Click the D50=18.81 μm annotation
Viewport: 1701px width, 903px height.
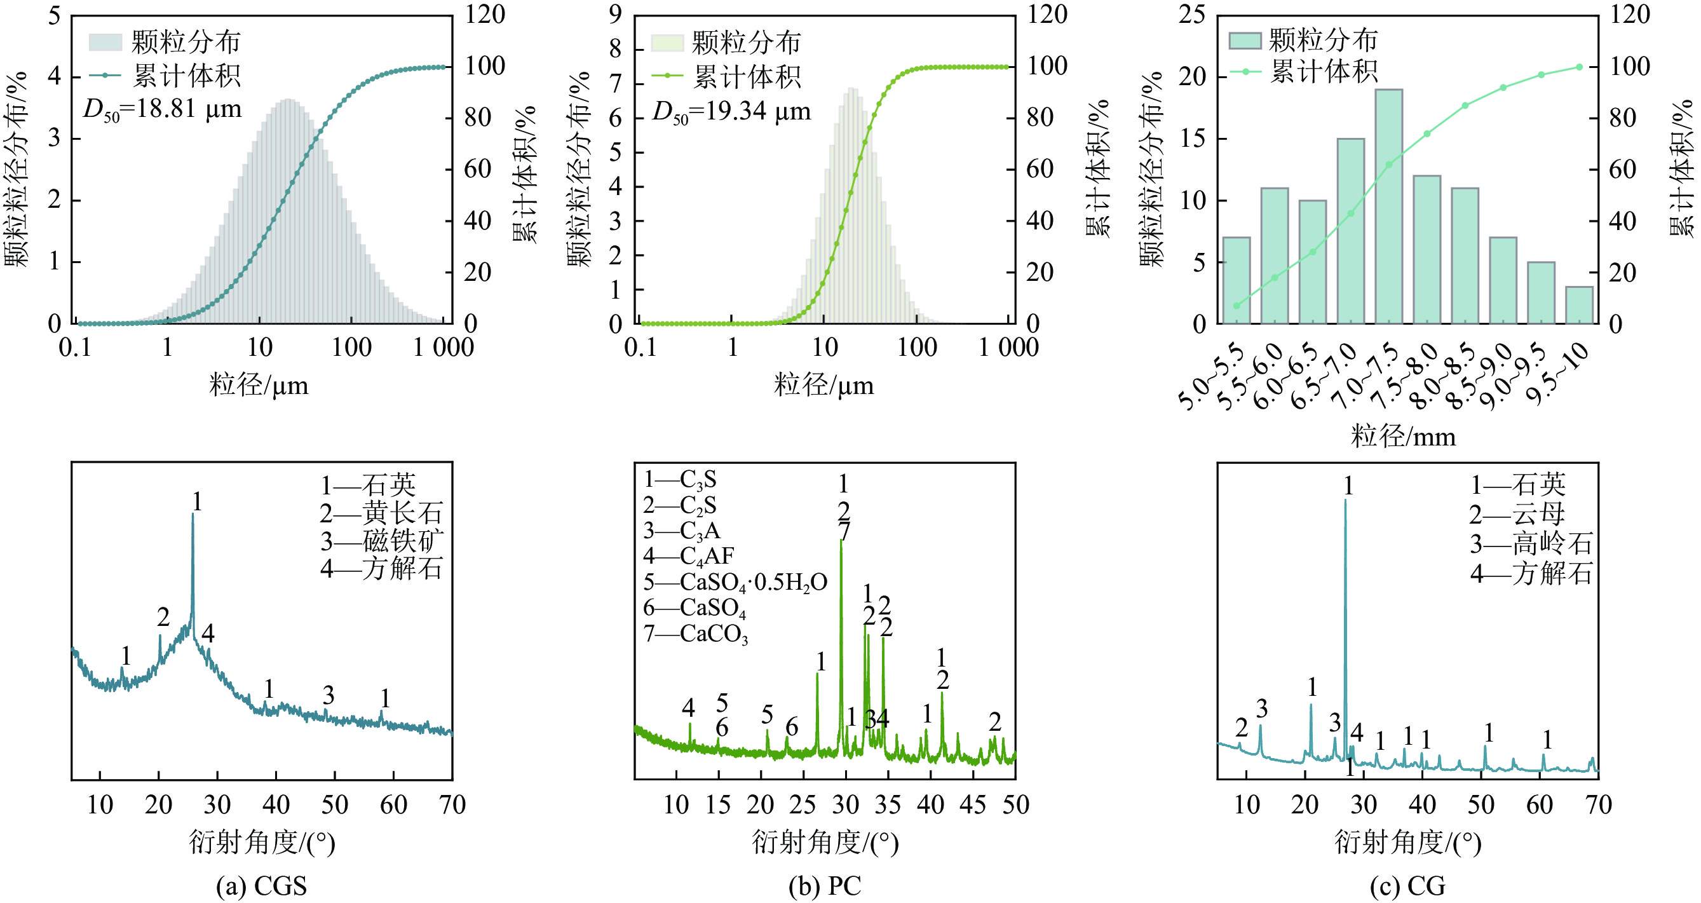pos(163,109)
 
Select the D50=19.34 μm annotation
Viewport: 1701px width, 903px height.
pos(731,112)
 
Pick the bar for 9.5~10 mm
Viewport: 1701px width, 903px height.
pos(1579,305)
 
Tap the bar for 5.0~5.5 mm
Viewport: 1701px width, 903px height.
pos(1236,280)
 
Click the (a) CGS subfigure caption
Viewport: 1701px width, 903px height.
pos(262,886)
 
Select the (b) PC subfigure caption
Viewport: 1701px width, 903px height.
pos(825,886)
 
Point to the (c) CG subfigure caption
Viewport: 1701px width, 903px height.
pos(1407,886)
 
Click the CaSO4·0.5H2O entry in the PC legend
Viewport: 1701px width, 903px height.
pos(735,583)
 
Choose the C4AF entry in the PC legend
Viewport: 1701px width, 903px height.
pos(689,556)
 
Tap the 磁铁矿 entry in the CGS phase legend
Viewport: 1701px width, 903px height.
pos(382,541)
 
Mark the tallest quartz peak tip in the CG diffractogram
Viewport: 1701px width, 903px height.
pos(1345,501)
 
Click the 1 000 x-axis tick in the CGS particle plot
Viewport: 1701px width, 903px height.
pos(443,348)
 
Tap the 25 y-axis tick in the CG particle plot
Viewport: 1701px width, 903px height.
pos(1192,15)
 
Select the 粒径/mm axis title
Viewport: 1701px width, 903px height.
pos(1403,437)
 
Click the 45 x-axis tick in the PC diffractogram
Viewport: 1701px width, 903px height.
pos(973,805)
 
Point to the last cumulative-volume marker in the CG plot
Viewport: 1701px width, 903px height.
pos(1579,67)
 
